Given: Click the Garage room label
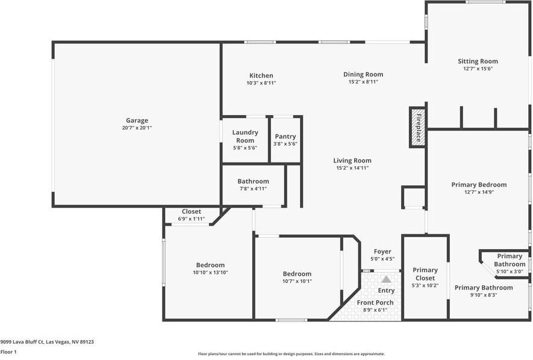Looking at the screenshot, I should tap(137, 120).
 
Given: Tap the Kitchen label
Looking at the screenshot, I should tap(261, 75).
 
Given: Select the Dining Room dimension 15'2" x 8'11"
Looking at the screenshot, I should tap(363, 82).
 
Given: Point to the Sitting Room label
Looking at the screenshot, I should tap(478, 61).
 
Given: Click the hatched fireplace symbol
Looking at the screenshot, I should tap(417, 127).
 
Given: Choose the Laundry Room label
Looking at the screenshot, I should tap(245, 136).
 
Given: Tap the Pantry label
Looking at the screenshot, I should tap(285, 137).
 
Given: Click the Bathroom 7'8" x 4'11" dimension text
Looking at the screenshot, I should tap(253, 188).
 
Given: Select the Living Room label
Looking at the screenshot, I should tap(352, 161).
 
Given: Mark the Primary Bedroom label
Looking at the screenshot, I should tap(479, 185).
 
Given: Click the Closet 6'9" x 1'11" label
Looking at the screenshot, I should tap(191, 212).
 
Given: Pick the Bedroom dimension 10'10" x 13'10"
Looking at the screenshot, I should tap(210, 273).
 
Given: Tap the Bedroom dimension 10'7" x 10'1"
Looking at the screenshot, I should tap(297, 281).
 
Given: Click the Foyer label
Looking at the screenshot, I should tap(382, 252).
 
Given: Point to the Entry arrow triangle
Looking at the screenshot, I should tap(386, 279).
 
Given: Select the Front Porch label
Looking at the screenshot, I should tap(375, 303).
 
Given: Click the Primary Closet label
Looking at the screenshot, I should tap(425, 274).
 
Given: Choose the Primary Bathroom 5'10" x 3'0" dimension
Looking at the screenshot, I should tap(510, 272).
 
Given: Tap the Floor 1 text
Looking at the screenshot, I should tap(8, 352).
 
